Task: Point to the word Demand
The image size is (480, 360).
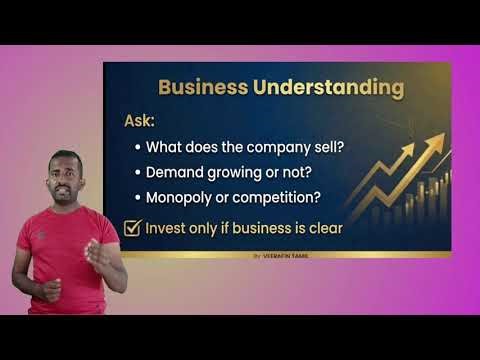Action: (176, 171)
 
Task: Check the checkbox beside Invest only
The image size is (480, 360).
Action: (131, 228)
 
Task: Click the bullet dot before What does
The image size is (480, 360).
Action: (137, 147)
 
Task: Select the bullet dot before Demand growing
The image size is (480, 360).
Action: (137, 172)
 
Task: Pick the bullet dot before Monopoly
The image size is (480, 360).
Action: (137, 198)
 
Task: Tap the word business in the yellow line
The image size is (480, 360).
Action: (252, 228)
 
